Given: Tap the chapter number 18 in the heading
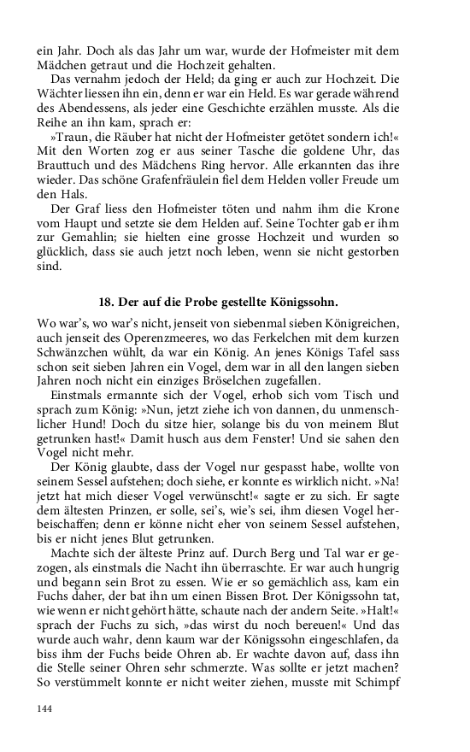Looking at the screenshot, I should pos(107,301).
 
